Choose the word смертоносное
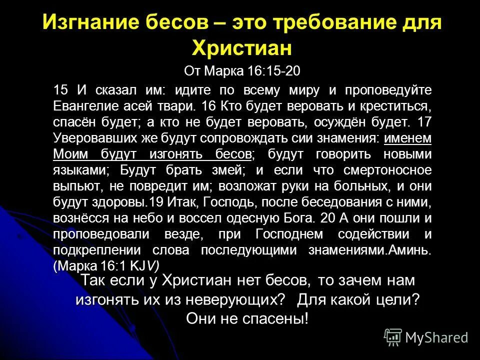(387, 170)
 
